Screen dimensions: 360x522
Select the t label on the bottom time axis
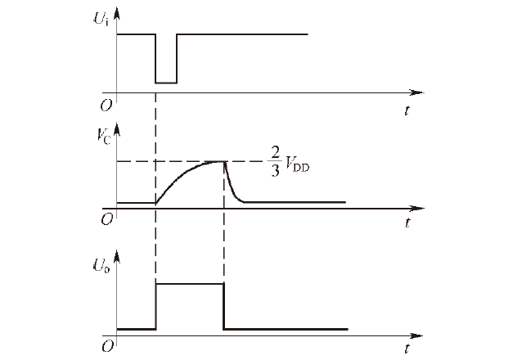(x=407, y=350)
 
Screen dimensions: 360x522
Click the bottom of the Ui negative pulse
(x=166, y=83)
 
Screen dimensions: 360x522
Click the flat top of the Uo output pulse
(x=189, y=283)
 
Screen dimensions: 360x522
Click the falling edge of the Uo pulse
(x=223, y=307)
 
